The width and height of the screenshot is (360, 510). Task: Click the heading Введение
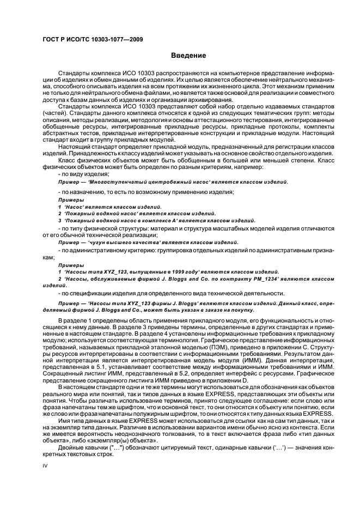tap(188, 55)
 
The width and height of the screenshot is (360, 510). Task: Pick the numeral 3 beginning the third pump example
tap(59, 220)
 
